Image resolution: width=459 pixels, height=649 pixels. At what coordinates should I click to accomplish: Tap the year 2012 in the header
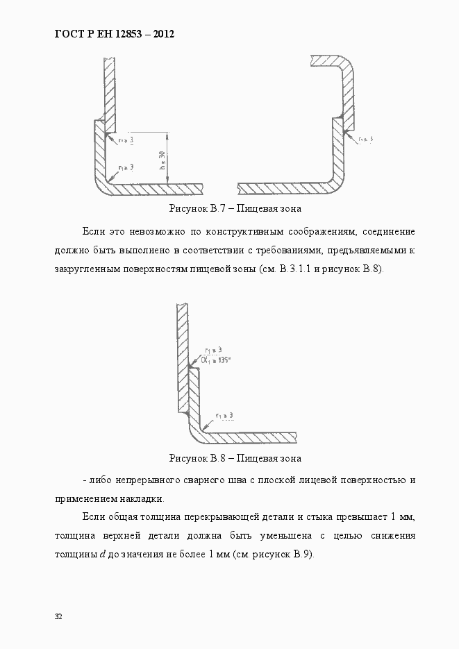[x=159, y=33]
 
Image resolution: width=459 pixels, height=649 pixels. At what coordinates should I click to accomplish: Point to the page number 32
[x=58, y=616]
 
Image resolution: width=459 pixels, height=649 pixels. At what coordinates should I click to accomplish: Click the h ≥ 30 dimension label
[x=162, y=161]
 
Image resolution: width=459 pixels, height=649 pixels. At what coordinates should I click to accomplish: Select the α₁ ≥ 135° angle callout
[x=215, y=360]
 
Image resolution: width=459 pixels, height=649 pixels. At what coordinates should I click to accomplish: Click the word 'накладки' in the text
[x=142, y=498]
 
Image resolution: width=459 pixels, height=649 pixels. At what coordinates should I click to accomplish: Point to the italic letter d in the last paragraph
[x=93, y=555]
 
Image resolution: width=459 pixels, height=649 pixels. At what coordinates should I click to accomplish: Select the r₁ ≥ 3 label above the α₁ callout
[x=213, y=350]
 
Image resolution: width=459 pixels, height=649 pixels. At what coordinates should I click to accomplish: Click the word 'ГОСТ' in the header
[x=68, y=33]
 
